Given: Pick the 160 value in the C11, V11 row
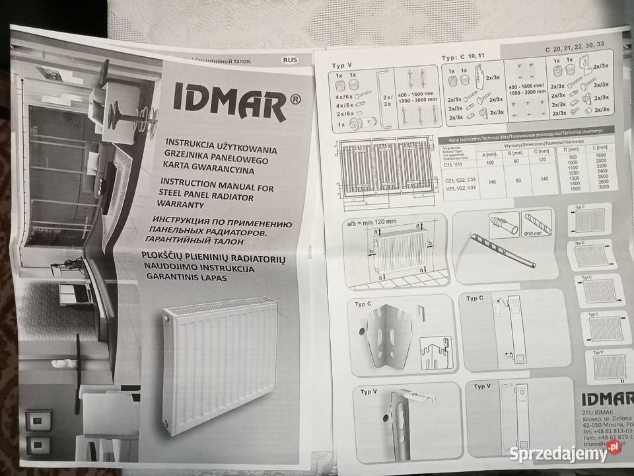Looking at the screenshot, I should click(490, 163).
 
